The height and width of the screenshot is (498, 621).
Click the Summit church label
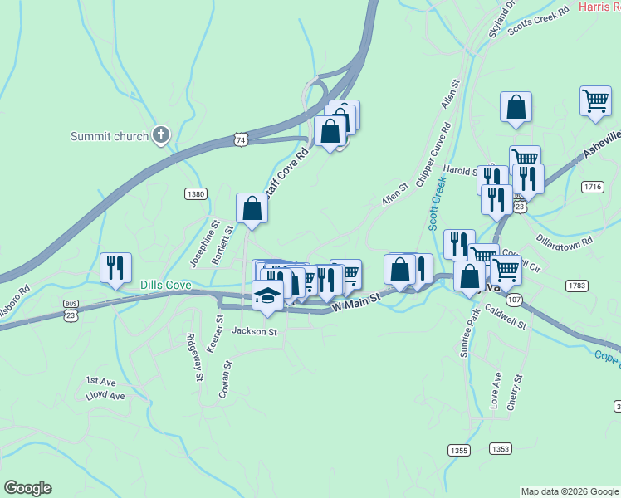pos(109,137)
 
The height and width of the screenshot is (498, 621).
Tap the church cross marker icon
pos(162,135)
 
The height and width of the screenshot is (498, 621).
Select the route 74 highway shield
pos(240,140)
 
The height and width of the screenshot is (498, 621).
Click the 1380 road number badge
pos(195,194)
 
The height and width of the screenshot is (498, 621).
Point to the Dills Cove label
pos(166,286)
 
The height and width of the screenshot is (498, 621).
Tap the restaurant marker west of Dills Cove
pos(115,267)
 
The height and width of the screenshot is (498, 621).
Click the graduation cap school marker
pos(267,296)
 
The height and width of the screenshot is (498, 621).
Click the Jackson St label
pos(254,331)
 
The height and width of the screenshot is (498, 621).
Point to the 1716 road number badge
pos(592,188)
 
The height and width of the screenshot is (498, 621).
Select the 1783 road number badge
pos(577,286)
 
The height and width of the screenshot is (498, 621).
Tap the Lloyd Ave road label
pos(105,396)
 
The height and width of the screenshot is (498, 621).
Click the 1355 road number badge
pos(458,450)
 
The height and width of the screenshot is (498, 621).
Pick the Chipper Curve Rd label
pos(433,155)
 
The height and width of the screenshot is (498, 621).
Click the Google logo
pos(27,488)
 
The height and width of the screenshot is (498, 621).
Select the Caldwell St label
pos(506,320)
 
